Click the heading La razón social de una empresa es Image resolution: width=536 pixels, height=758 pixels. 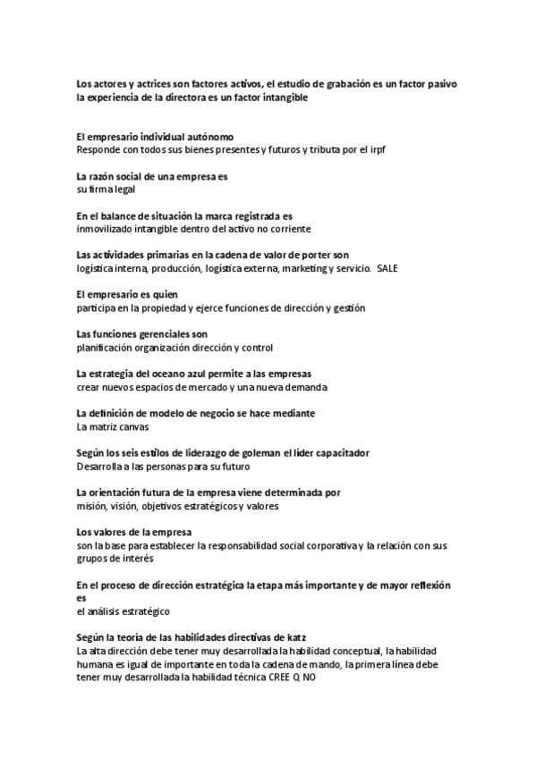[x=152, y=176]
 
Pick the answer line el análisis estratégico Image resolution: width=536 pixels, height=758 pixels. [x=123, y=611]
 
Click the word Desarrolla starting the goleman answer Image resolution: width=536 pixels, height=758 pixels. [x=101, y=467]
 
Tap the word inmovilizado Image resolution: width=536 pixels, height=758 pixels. [x=106, y=229]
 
